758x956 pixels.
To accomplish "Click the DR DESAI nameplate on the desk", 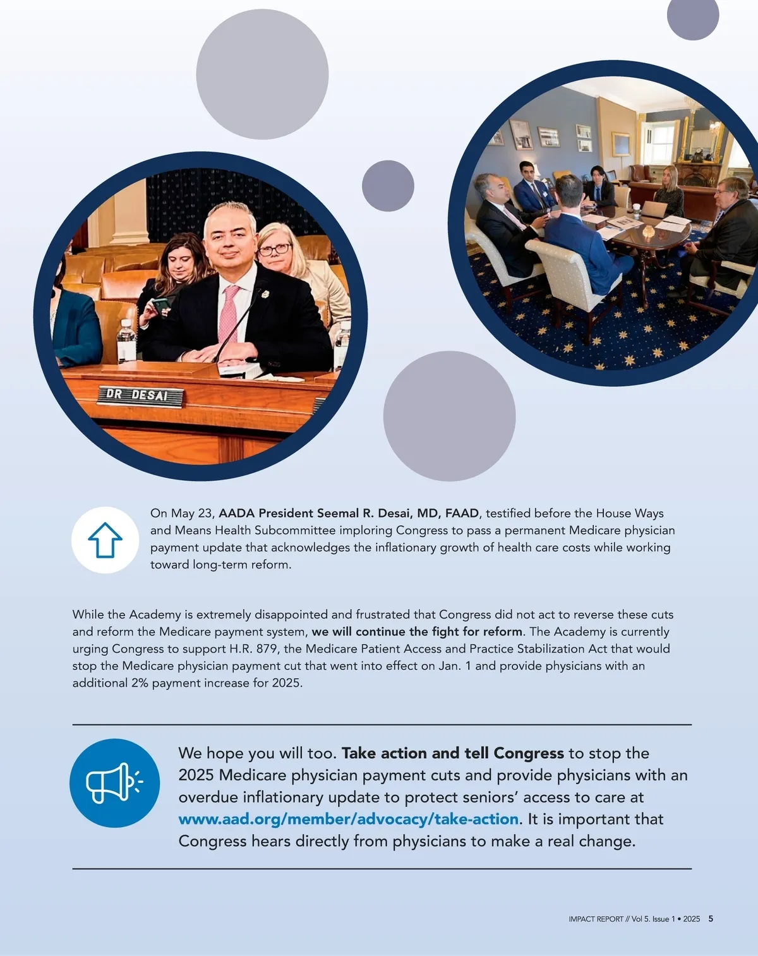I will (x=140, y=396).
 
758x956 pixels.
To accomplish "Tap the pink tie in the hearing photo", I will (x=228, y=313).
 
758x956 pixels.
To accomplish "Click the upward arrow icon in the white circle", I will (x=105, y=540).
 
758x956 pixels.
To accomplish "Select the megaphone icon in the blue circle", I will (x=114, y=783).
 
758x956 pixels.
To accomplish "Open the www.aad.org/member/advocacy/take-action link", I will (x=348, y=819).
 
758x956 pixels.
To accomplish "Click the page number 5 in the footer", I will (x=711, y=919).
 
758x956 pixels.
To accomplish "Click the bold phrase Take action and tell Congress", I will (x=452, y=753).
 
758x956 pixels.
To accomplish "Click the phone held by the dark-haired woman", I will (x=161, y=304).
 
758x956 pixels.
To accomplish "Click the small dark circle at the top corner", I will (x=693, y=15).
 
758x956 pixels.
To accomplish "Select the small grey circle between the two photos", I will (x=388, y=186).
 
